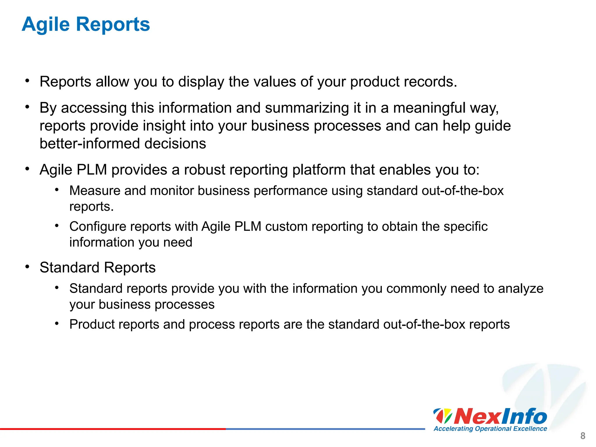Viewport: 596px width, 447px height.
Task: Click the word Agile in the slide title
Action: pyautogui.click(x=46, y=24)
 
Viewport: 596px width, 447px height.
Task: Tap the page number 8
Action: pyautogui.click(x=583, y=436)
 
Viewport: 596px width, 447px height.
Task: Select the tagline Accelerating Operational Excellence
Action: pyautogui.click(x=490, y=429)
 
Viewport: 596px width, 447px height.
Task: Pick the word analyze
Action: pyautogui.click(x=521, y=289)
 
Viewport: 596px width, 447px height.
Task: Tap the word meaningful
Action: pyautogui.click(x=430, y=108)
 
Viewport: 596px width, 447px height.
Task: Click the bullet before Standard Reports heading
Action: pyautogui.click(x=27, y=267)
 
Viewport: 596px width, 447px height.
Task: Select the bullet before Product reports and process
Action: pyautogui.click(x=57, y=324)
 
